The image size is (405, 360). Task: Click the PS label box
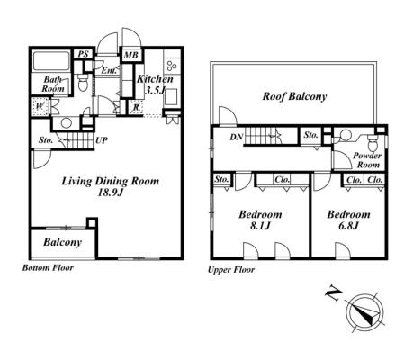[84, 54]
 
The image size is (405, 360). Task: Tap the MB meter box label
[131, 55]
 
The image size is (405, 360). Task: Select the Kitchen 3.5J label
[155, 85]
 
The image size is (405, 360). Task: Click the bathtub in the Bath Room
[51, 61]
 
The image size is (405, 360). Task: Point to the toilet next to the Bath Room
[82, 83]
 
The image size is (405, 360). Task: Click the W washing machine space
[40, 106]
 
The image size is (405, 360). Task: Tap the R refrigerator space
[136, 107]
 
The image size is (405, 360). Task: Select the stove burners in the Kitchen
[172, 66]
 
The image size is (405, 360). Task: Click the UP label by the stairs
[102, 140]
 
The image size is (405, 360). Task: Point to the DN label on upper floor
[236, 138]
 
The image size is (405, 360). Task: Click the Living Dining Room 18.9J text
[111, 186]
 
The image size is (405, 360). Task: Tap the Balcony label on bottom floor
[62, 242]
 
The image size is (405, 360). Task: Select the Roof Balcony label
[294, 96]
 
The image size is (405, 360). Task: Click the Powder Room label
[367, 160]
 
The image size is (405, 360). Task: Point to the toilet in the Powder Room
[373, 143]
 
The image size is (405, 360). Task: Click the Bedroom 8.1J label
[260, 220]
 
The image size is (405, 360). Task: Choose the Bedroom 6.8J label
[348, 220]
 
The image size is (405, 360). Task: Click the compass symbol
[364, 313]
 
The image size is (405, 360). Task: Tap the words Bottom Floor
[48, 267]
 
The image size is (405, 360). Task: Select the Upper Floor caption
[231, 270]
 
